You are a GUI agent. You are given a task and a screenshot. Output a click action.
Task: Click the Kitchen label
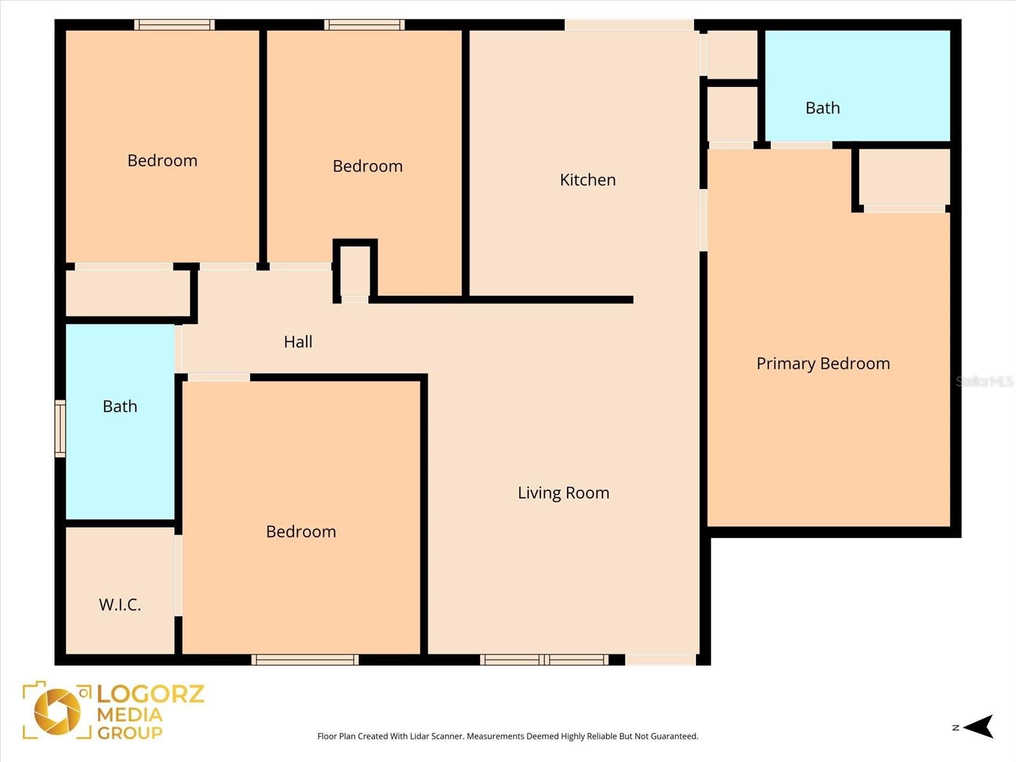click(587, 180)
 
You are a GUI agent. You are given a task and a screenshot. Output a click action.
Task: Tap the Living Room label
click(563, 493)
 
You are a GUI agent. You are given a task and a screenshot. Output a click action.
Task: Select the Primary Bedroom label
click(823, 363)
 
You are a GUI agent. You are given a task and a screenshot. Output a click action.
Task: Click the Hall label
click(298, 342)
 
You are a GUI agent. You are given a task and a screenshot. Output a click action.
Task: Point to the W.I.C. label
click(120, 605)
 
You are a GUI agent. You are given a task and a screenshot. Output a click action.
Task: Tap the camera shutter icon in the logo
click(58, 711)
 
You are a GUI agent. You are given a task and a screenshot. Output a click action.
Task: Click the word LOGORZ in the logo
click(150, 693)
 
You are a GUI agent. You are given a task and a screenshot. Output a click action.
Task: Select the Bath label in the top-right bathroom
click(822, 108)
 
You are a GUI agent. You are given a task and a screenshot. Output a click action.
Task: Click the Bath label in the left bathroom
click(120, 406)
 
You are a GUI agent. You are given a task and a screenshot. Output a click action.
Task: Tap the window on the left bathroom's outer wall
click(60, 428)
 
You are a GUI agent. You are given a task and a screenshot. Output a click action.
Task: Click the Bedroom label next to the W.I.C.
click(301, 531)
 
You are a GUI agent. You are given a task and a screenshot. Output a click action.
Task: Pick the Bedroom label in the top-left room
click(163, 161)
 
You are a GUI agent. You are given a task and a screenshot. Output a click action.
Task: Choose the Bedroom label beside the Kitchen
click(368, 166)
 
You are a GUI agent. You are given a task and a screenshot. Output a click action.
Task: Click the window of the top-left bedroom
click(174, 25)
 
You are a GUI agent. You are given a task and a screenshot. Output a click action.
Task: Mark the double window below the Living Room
click(544, 660)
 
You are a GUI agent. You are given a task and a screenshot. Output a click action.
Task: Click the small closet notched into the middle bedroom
click(355, 270)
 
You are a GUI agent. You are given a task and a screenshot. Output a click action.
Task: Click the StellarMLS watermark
click(984, 381)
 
